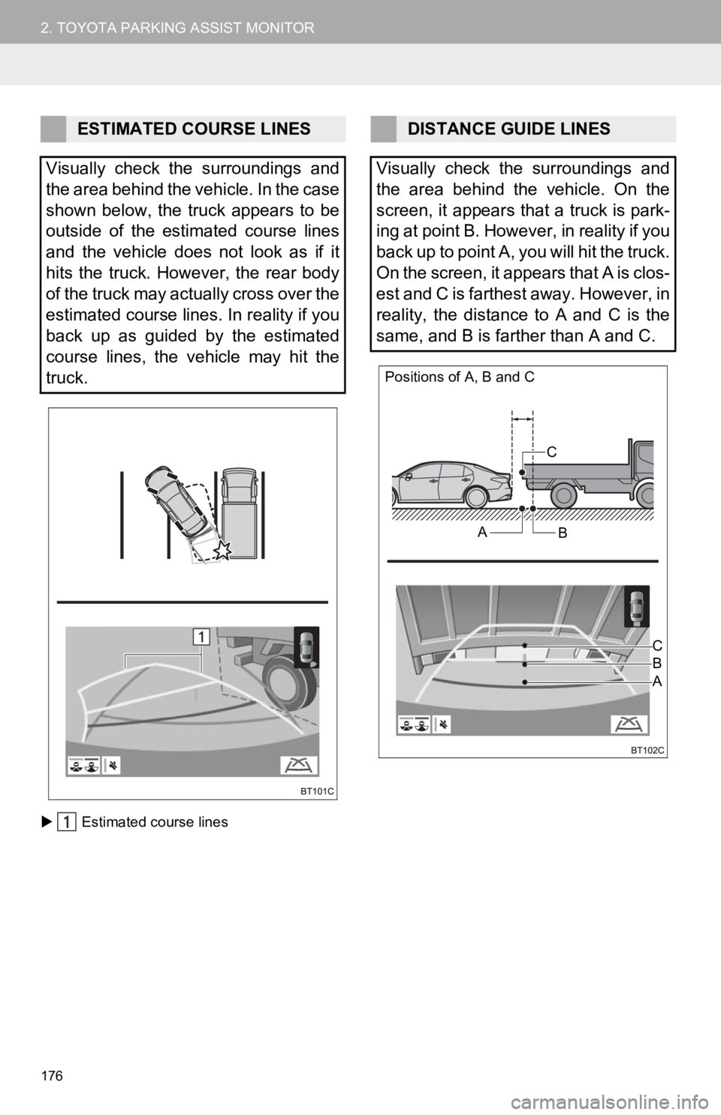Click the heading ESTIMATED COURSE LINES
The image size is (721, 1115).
194,129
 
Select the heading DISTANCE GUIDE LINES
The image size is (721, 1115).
508,129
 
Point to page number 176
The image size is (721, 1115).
52,1076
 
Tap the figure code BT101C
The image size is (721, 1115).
317,792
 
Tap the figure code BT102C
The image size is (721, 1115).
647,750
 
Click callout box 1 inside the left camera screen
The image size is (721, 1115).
201,636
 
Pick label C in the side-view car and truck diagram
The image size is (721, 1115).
551,452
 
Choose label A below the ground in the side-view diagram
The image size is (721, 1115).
482,533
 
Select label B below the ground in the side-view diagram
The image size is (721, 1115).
563,533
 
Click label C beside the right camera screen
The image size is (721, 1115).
657,646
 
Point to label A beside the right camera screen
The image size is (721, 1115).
657,681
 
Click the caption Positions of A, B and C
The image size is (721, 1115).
460,377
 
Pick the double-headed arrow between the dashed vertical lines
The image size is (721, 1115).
523,419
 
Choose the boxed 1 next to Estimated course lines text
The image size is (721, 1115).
67,822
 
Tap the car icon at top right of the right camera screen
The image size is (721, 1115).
637,606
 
